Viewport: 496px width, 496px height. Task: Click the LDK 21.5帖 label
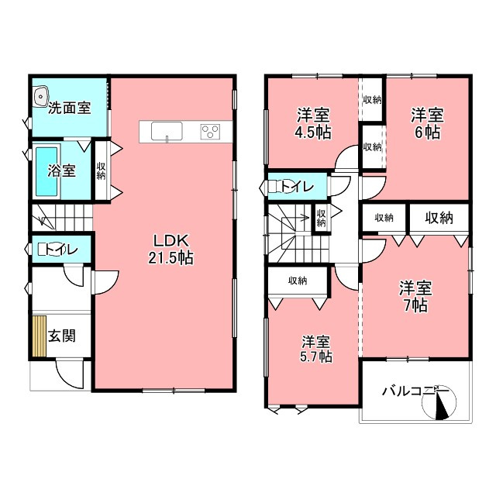pyautogui.click(x=171, y=250)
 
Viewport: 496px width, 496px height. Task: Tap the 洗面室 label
pyautogui.click(x=69, y=108)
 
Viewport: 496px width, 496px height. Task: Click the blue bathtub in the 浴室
pyautogui.click(x=46, y=171)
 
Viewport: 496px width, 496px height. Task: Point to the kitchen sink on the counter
pyautogui.click(x=167, y=131)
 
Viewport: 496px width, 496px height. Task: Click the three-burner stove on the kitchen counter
pyautogui.click(x=210, y=132)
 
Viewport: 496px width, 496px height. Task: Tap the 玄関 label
pyautogui.click(x=62, y=336)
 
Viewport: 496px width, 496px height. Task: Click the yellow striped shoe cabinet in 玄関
pyautogui.click(x=40, y=336)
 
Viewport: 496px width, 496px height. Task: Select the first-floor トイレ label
pyautogui.click(x=62, y=250)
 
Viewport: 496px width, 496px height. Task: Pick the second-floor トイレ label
pyautogui.click(x=298, y=187)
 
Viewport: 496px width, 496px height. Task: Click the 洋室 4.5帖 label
pyautogui.click(x=313, y=124)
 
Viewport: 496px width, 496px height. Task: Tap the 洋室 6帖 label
pyautogui.click(x=427, y=124)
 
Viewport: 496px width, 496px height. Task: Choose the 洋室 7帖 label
pyautogui.click(x=415, y=296)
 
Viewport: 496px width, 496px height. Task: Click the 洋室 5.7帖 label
pyautogui.click(x=316, y=349)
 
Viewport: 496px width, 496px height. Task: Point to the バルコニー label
pyautogui.click(x=415, y=391)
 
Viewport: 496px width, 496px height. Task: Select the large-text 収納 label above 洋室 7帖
pyautogui.click(x=439, y=218)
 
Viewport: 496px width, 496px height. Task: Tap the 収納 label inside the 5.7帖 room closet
pyautogui.click(x=298, y=281)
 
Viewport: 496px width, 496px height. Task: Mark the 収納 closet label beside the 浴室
pyautogui.click(x=102, y=171)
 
